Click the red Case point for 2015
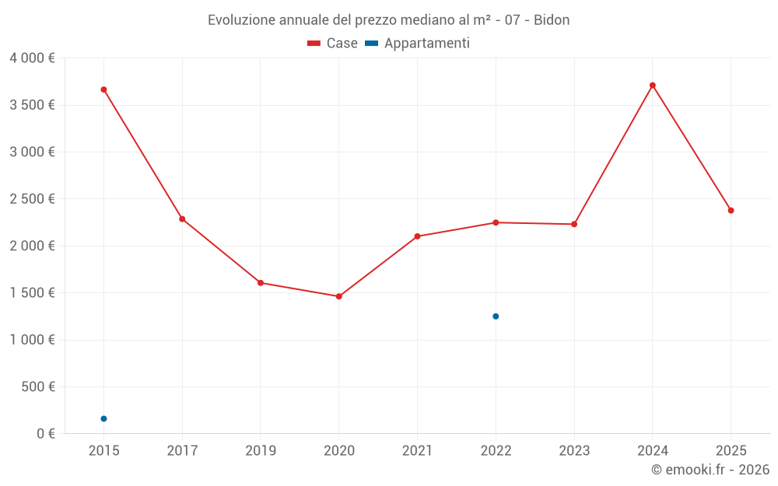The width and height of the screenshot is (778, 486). click(103, 89)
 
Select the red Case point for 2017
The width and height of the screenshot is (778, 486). click(182, 219)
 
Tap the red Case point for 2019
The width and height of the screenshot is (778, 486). click(261, 283)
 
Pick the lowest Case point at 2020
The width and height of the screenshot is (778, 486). click(339, 296)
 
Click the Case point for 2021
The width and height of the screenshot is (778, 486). click(418, 236)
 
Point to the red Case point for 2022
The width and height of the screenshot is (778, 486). click(496, 222)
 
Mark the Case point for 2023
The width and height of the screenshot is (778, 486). click(574, 224)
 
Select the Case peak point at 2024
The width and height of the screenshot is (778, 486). click(653, 86)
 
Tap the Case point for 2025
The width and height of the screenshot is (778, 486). click(731, 211)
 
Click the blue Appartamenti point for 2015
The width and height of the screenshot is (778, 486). click(103, 419)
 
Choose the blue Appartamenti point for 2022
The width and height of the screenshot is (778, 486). click(496, 316)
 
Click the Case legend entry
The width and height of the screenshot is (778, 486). click(333, 44)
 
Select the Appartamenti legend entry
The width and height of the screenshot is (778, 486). click(418, 44)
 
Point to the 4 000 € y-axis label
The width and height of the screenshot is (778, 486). click(32, 58)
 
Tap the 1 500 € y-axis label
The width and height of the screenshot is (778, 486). click(32, 293)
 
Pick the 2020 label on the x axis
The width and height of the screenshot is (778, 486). click(339, 451)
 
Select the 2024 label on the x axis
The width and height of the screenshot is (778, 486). click(653, 451)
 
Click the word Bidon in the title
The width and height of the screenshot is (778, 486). click(552, 20)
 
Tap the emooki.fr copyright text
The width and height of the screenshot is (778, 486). click(710, 470)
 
